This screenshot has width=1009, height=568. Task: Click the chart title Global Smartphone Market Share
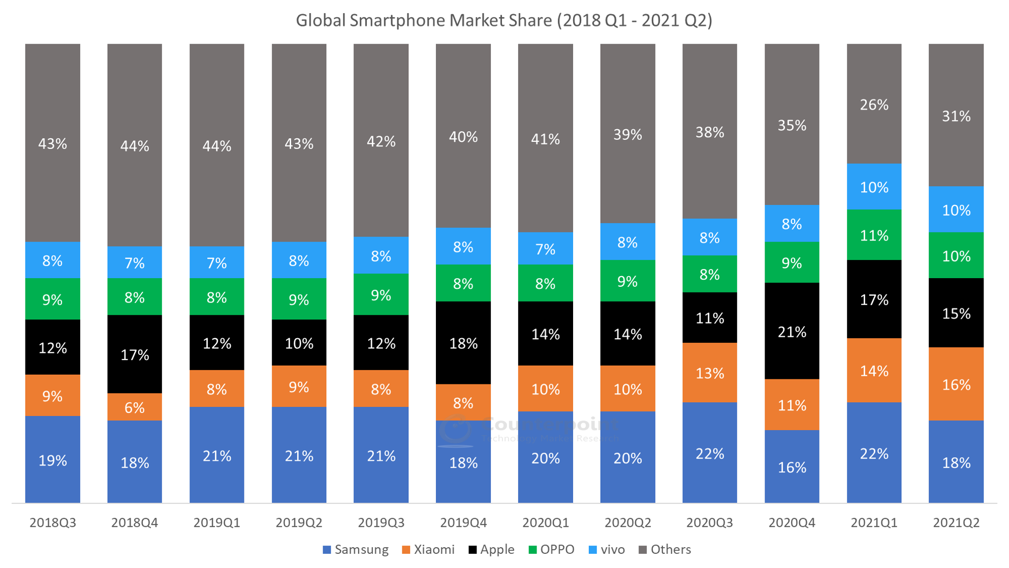click(x=504, y=20)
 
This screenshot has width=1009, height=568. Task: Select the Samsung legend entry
click(x=356, y=550)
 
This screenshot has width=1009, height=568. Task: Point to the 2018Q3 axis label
click(x=53, y=523)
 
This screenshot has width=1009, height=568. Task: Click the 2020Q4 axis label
click(x=792, y=523)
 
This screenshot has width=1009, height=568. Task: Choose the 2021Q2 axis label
click(x=956, y=523)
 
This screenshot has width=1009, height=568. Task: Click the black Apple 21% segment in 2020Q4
click(x=792, y=332)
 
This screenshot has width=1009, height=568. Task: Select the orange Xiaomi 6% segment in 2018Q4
click(x=135, y=407)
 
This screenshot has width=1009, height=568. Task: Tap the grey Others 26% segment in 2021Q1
click(x=874, y=105)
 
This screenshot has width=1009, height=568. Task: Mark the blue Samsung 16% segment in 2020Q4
click(x=792, y=467)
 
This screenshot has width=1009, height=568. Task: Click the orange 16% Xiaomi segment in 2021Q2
click(x=956, y=384)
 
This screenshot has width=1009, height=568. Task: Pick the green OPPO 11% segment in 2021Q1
click(x=874, y=235)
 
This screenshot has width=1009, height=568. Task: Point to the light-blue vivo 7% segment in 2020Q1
click(x=545, y=249)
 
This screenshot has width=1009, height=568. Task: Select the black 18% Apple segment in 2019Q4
click(x=463, y=343)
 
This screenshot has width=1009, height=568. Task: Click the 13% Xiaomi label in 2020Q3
click(x=709, y=373)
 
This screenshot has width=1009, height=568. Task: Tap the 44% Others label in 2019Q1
click(x=217, y=146)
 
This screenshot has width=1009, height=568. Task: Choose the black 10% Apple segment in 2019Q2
click(x=299, y=343)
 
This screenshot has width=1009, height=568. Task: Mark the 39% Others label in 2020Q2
click(x=627, y=135)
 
